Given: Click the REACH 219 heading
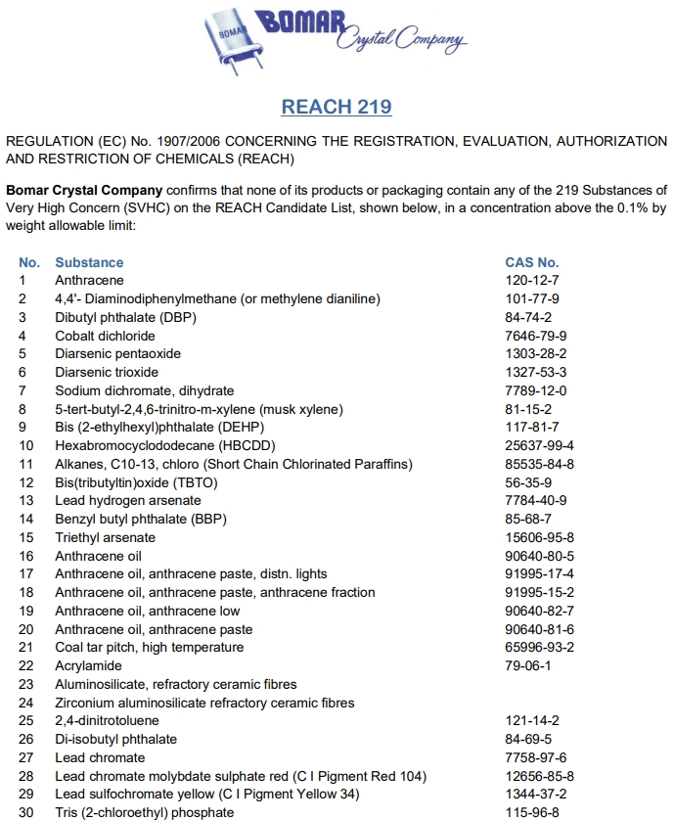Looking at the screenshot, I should point(337,107).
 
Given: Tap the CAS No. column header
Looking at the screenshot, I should point(531,262).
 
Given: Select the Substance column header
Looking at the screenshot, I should point(89,262).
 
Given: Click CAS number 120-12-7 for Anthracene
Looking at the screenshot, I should point(528,281).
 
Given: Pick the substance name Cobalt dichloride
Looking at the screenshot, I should point(105,336).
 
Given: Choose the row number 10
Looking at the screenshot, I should point(26,445).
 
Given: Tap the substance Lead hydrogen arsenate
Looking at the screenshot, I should point(127,501).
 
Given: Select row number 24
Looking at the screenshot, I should point(26,703).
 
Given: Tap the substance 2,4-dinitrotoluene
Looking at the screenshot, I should point(107,720).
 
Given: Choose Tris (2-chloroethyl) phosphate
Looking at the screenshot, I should point(144,812).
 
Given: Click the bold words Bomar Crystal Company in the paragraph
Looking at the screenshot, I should point(84,189).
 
